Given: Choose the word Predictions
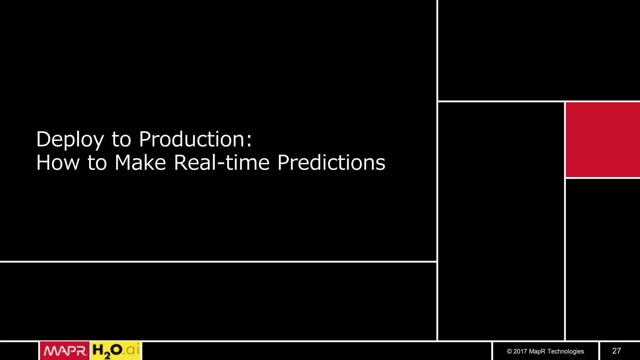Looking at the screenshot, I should (x=331, y=163).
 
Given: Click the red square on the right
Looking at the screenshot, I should (x=602, y=140).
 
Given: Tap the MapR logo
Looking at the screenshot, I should (x=65, y=351).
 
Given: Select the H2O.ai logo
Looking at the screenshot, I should (x=116, y=351).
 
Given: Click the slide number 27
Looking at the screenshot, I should (x=616, y=351).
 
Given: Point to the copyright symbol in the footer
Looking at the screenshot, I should (x=509, y=352).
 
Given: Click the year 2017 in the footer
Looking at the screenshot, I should (x=520, y=352).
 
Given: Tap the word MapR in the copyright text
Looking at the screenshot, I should (x=537, y=352).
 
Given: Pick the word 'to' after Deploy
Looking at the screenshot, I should (x=121, y=139).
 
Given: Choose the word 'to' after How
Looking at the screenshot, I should (x=97, y=163).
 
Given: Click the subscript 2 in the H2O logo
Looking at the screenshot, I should (x=107, y=355).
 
